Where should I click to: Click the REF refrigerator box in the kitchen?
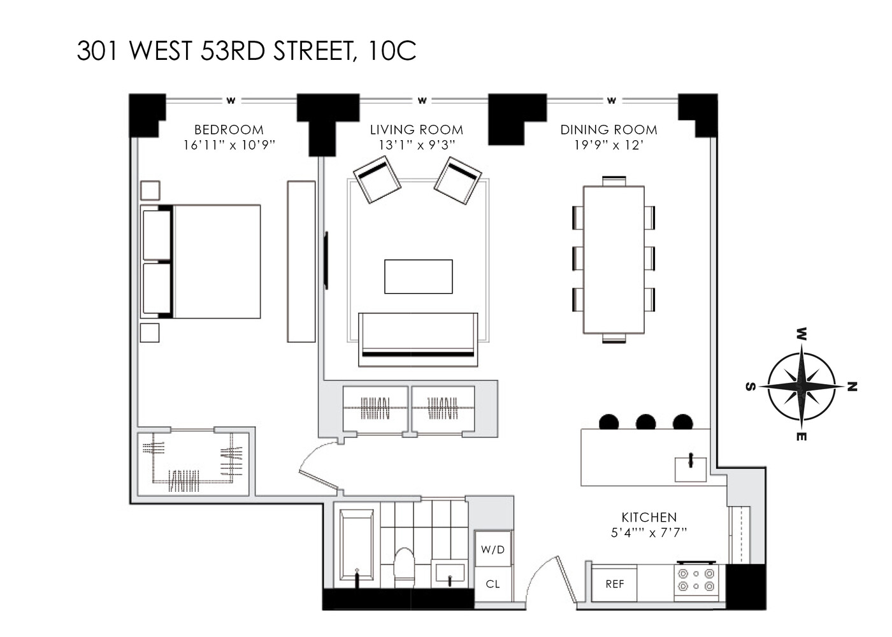[614, 583]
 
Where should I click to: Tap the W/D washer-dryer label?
[493, 549]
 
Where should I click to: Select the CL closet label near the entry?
[493, 584]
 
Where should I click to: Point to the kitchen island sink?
[691, 469]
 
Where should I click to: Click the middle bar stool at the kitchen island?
[645, 422]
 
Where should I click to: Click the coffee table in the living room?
[418, 276]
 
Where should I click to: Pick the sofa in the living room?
[418, 339]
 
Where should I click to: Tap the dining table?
[614, 259]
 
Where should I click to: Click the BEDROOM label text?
[229, 130]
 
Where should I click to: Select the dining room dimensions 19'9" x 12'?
[608, 145]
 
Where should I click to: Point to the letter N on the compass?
[852, 387]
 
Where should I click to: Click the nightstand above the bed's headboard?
[150, 190]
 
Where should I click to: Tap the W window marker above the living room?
[422, 101]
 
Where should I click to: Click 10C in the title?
[392, 51]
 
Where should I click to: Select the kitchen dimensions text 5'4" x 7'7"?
[649, 533]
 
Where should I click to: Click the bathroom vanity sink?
[451, 573]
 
